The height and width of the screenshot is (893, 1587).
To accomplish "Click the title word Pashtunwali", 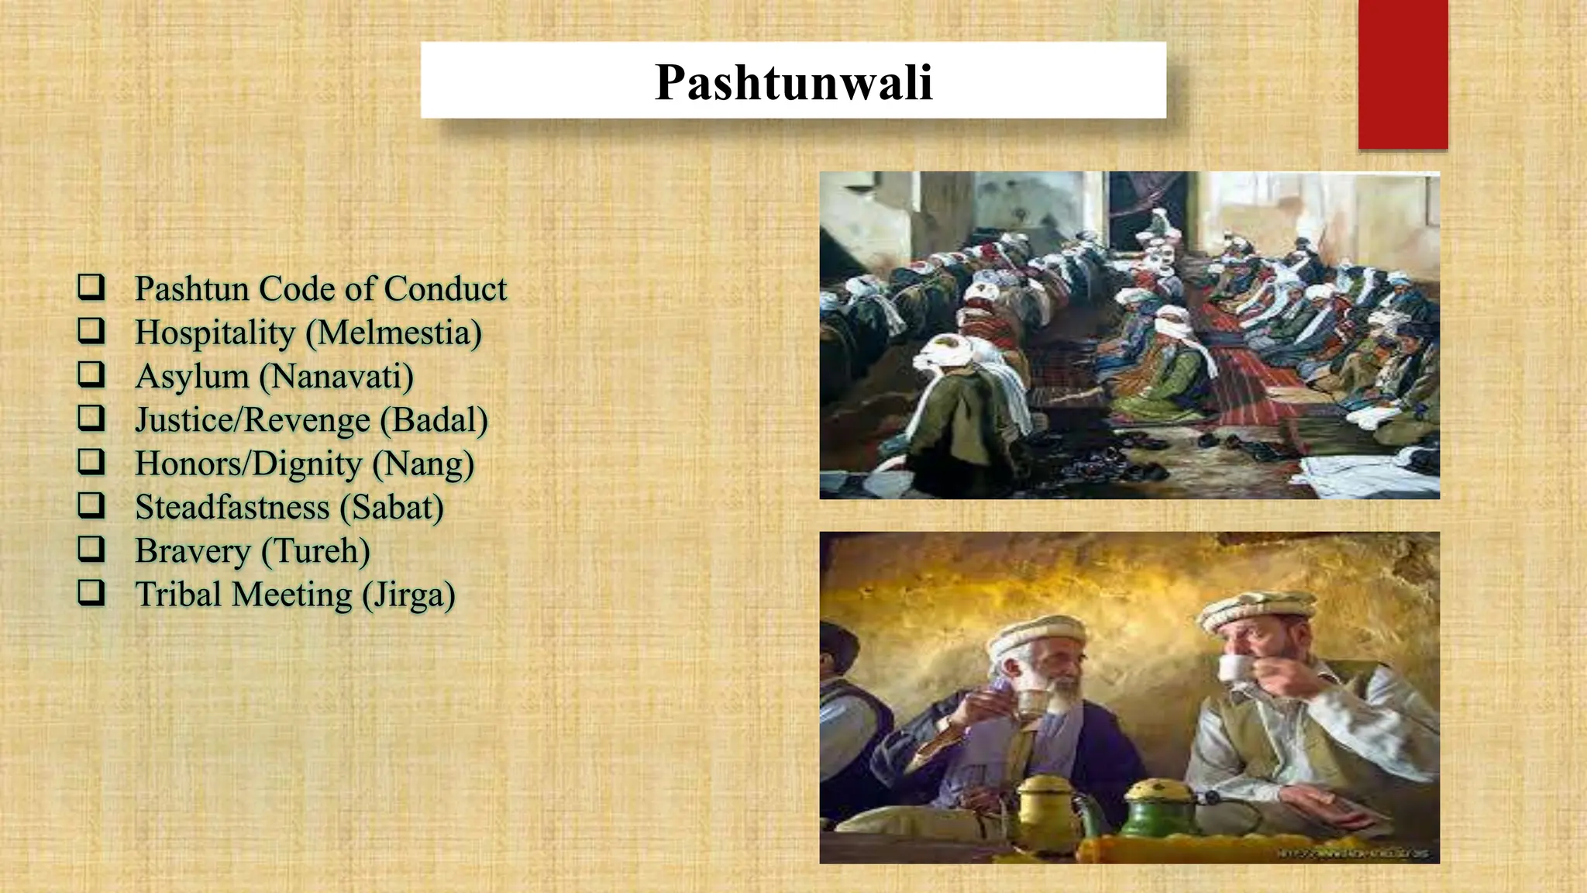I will point(793,82).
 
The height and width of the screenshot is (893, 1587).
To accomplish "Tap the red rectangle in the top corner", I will point(1403,74).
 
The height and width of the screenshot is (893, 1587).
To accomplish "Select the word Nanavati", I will point(336,378).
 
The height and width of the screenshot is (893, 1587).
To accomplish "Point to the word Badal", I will point(434,421).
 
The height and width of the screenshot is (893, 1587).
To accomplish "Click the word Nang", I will point(423,464).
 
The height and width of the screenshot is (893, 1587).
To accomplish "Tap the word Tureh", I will point(315,552).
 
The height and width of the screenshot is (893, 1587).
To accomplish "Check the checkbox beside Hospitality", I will point(91,331).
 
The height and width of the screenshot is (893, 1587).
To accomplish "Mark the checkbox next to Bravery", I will point(91,550).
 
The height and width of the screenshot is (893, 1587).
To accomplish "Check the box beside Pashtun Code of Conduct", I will point(91,287).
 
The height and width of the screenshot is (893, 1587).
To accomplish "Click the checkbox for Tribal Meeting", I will point(91,594).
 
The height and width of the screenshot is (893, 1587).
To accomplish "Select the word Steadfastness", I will point(232,509).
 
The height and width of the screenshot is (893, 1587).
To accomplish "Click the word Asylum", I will point(192,378).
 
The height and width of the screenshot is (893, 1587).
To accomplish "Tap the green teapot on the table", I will point(1152,809).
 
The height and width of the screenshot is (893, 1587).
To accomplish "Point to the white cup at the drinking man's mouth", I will point(1232,667).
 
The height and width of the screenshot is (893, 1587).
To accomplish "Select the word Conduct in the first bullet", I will point(446,289).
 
